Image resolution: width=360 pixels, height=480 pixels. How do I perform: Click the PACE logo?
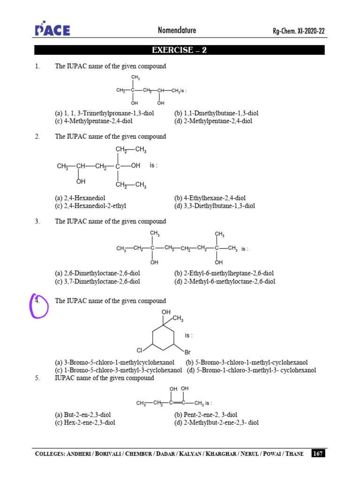click(x=52, y=30)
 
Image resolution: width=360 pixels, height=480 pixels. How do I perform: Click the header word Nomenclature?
click(x=177, y=30)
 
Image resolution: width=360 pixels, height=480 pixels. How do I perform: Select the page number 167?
click(x=318, y=453)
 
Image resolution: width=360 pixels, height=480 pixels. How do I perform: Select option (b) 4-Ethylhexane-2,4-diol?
click(x=210, y=198)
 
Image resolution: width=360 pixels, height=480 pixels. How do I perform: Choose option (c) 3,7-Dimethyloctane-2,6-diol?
click(x=97, y=281)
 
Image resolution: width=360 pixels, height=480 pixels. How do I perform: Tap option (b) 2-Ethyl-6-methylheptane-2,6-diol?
click(x=224, y=273)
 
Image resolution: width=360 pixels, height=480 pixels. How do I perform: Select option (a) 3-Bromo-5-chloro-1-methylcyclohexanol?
click(x=115, y=362)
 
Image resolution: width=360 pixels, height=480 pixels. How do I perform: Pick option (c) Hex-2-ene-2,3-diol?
click(x=85, y=422)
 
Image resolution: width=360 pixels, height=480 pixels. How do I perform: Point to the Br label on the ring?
click(x=187, y=351)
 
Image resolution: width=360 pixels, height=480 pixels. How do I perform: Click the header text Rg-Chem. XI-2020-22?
click(x=299, y=31)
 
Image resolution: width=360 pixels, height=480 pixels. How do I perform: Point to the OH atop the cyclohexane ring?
click(x=166, y=312)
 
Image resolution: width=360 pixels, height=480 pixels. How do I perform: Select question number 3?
click(x=37, y=221)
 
